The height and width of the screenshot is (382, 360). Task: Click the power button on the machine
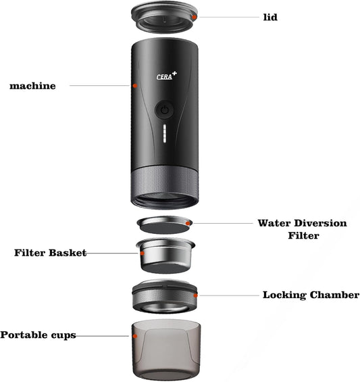tap(165, 110)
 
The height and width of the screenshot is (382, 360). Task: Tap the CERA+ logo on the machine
tap(166, 76)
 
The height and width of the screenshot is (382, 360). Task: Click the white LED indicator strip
tap(165, 133)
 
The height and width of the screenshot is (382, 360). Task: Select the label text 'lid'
tap(270, 18)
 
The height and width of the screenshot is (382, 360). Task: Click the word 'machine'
tap(32, 86)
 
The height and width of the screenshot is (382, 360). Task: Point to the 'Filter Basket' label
tap(51, 253)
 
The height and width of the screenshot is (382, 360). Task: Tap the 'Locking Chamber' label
tap(311, 295)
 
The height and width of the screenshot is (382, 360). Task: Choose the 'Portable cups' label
tap(38, 335)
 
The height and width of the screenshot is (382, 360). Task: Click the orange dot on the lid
tap(194, 17)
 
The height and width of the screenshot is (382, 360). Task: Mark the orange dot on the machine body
tap(135, 86)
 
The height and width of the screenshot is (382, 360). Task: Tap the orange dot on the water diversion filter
tap(188, 223)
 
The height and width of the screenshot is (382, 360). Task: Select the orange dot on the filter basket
tap(143, 254)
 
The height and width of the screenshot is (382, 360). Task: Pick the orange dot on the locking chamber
tap(195, 295)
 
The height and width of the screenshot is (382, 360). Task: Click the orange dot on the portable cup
tap(135, 337)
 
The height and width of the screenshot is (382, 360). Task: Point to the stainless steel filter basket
tap(165, 256)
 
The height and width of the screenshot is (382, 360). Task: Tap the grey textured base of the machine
tap(165, 187)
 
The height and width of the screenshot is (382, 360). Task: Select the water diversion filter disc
tap(165, 225)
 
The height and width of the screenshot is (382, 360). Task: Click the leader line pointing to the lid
tap(228, 18)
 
